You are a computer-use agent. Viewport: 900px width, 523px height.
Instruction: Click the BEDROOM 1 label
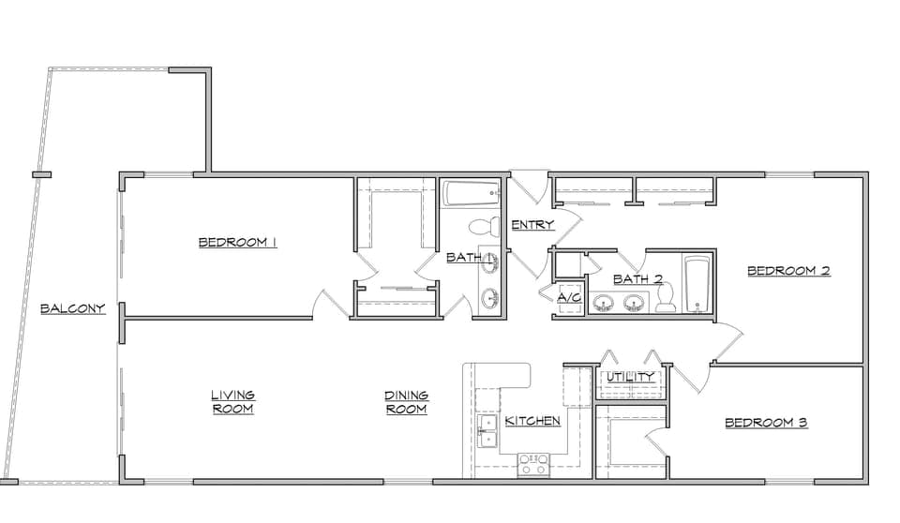237,242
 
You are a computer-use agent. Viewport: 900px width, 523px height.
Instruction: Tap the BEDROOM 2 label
788,270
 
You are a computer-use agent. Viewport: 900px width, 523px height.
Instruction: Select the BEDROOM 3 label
766,423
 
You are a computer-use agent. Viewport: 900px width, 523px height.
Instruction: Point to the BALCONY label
73,308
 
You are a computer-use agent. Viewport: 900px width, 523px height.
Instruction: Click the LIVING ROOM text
233,402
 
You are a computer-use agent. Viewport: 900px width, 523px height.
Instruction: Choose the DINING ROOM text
406,402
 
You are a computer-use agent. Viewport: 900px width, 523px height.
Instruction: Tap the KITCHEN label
532,421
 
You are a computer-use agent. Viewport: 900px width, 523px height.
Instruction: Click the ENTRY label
532,224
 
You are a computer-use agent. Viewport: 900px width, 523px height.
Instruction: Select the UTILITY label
630,377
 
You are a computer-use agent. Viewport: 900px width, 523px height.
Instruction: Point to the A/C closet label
569,297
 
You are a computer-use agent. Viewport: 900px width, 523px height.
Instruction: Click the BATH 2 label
637,279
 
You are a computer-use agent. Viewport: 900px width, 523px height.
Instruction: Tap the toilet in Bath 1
484,226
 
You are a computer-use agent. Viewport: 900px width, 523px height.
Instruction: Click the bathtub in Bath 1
472,194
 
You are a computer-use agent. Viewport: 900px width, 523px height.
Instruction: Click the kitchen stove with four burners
533,465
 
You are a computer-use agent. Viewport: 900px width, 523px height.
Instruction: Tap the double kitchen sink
487,431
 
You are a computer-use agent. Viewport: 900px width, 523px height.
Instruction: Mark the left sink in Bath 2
603,302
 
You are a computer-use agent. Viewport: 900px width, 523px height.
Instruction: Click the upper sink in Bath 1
490,263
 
